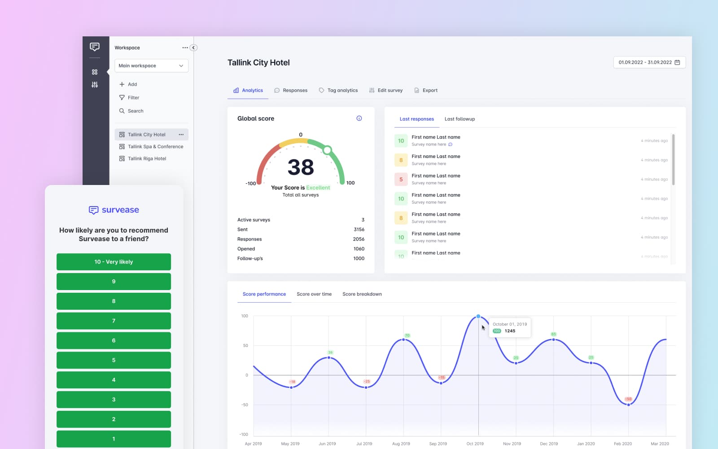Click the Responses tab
coord(291,90)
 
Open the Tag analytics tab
coord(338,90)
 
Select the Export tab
coord(426,90)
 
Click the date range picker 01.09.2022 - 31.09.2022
coord(649,62)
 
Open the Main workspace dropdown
coord(151,66)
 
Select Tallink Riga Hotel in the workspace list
coord(147,158)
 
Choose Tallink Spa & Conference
coord(155,146)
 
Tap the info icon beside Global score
coord(359,119)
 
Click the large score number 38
coord(301,167)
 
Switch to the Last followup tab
coord(460,119)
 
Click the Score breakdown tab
coord(362,294)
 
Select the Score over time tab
coord(314,294)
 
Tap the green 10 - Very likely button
coord(114,262)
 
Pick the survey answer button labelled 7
coord(114,321)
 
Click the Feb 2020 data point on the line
coord(628,405)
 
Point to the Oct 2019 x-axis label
coord(475,444)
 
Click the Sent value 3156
coord(359,229)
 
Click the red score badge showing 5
coord(401,179)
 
